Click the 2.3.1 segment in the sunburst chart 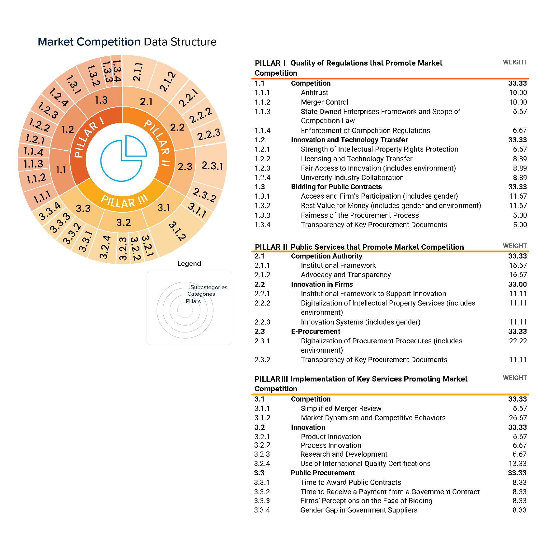click(x=212, y=165)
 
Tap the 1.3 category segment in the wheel click(x=101, y=100)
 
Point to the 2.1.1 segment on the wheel click(x=138, y=72)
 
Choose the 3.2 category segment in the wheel click(x=124, y=222)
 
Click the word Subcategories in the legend click(x=208, y=287)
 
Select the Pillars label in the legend click(x=193, y=301)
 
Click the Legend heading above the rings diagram click(x=189, y=263)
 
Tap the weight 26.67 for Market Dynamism click(x=518, y=418)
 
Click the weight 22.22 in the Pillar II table click(x=518, y=341)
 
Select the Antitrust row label click(x=314, y=92)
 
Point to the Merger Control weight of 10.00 click(x=518, y=102)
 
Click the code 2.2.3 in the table click(x=262, y=322)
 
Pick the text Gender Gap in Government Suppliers click(x=358, y=510)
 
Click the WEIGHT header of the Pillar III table click(x=515, y=378)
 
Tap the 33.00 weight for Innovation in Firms click(x=517, y=284)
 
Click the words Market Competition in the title click(x=89, y=42)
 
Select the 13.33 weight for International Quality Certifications click(x=518, y=463)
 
